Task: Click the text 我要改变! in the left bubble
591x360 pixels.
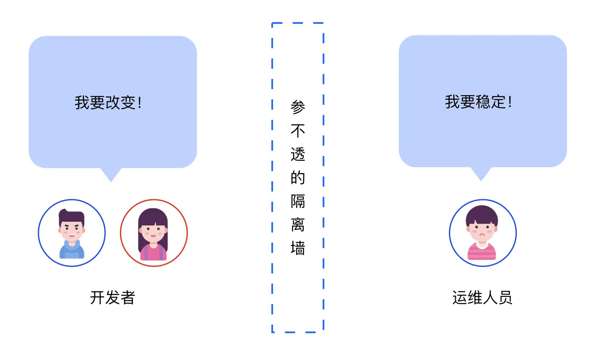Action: coord(108,103)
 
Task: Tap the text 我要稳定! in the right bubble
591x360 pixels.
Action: coord(478,102)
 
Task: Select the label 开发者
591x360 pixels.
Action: coord(112,297)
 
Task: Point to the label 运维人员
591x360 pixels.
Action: coord(482,297)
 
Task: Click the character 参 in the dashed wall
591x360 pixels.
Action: coord(298,107)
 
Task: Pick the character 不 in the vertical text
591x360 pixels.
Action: coord(298,130)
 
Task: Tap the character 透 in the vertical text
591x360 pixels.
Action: coord(298,154)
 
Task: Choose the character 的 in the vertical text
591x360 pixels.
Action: coord(298,177)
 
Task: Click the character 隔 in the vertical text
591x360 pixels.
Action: coord(298,200)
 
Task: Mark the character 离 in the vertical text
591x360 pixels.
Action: coord(298,224)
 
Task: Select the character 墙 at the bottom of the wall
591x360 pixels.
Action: coord(298,247)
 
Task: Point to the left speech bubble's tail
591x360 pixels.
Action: coord(111,175)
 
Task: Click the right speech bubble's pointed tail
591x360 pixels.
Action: coord(481,174)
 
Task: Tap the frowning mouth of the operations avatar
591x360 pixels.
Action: coord(482,235)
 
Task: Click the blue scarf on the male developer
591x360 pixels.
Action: coord(72,247)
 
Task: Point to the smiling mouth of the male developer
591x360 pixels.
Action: coord(71,235)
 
